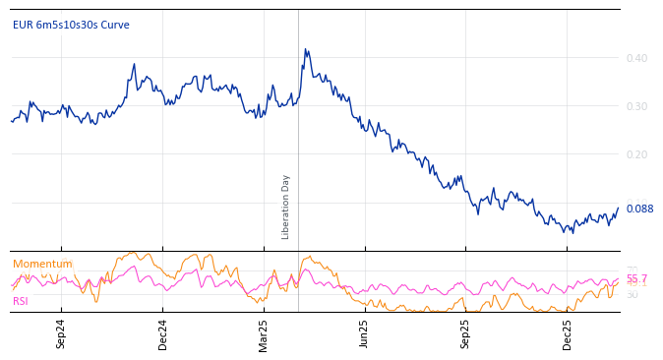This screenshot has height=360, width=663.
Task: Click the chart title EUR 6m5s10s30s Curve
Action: (71, 25)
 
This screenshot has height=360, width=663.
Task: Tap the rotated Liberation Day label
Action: (286, 207)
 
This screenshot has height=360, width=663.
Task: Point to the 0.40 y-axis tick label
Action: (636, 58)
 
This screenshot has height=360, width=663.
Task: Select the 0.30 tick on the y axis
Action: (636, 106)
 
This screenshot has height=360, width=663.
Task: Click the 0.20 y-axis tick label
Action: (636, 154)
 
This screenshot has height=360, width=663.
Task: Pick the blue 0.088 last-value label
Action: (639, 209)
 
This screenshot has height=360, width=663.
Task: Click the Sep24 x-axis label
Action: (61, 333)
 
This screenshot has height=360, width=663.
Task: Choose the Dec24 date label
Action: (162, 333)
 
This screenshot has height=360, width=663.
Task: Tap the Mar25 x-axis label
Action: (264, 333)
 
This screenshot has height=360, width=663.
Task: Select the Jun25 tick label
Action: (364, 333)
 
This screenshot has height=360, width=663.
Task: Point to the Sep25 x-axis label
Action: (465, 333)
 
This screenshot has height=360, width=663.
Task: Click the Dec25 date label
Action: (568, 333)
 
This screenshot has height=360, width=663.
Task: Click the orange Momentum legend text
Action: (42, 264)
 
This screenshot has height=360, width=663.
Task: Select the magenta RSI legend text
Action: (21, 301)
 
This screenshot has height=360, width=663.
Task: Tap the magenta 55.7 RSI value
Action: (636, 279)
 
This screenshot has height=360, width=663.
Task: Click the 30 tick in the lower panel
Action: (632, 294)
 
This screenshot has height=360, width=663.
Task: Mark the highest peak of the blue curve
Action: (305, 49)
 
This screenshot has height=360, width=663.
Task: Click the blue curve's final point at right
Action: (618, 209)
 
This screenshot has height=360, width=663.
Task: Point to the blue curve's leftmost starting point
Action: (12, 121)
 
